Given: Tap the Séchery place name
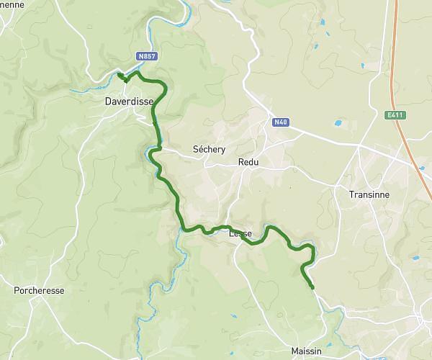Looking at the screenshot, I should [210, 149].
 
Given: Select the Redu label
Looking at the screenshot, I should [248, 163].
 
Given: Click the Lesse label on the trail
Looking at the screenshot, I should [240, 233].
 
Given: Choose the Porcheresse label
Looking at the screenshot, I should [39, 291].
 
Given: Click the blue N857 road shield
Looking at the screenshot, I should [148, 55].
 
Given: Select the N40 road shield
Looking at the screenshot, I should [281, 122].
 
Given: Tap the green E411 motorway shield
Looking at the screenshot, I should [393, 114].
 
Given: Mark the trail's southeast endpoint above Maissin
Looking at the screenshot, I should [313, 288].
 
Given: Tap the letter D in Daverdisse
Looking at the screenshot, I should [109, 102].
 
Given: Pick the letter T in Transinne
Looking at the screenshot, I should [351, 194].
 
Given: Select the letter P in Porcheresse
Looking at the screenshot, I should [17, 291].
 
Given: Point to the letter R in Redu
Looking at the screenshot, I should [240, 163].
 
